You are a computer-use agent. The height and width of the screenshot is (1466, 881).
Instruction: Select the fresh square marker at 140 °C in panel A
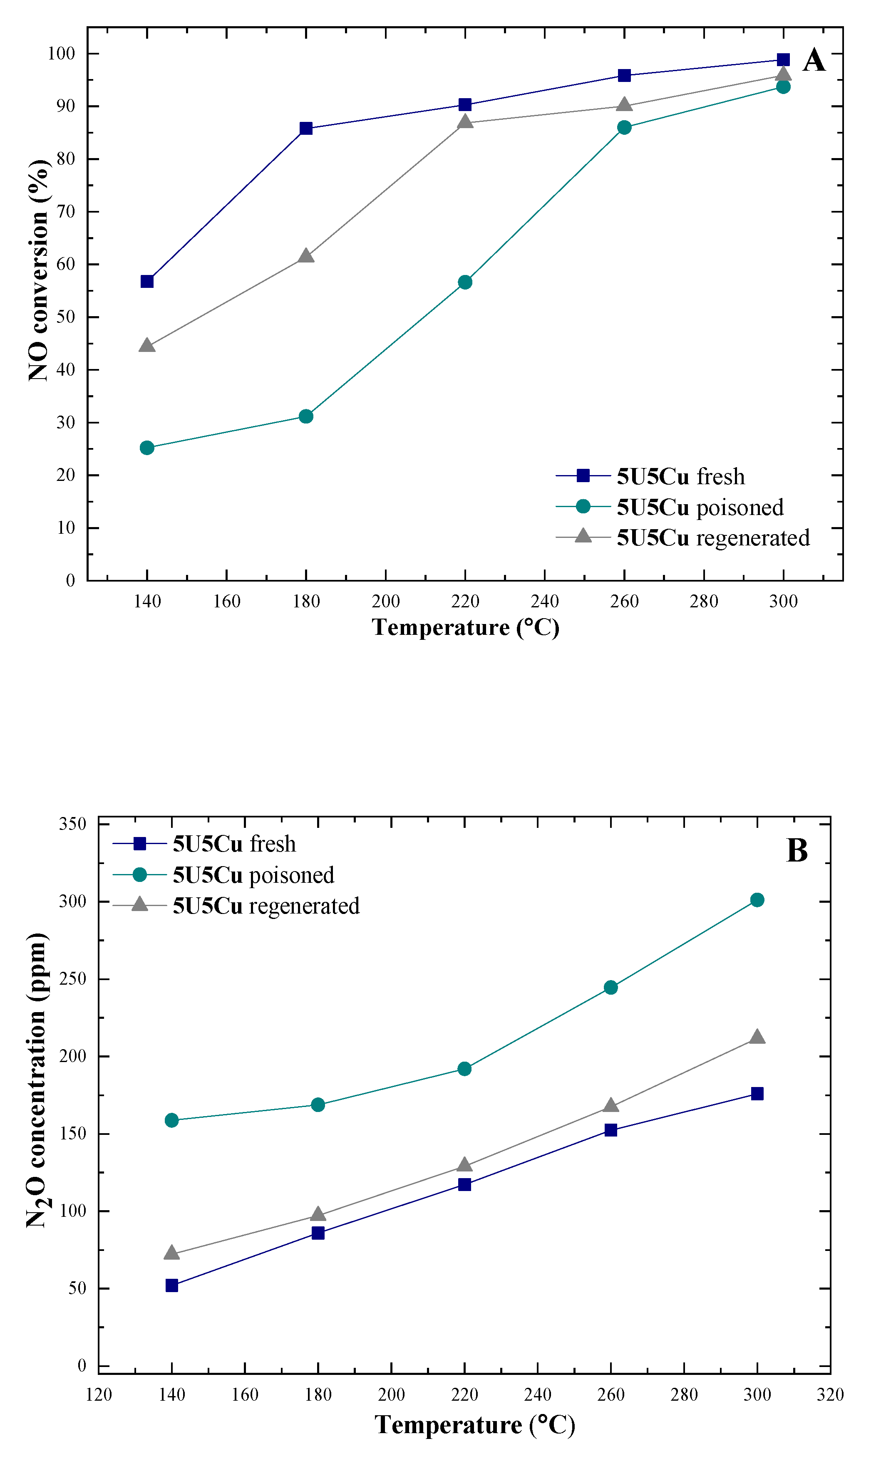coord(147,281)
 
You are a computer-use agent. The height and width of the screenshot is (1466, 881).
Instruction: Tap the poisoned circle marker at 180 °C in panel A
coord(306,416)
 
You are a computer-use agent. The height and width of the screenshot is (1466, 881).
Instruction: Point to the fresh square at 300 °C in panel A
coord(783,59)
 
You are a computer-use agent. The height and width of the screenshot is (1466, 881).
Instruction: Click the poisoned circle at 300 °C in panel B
coord(757,900)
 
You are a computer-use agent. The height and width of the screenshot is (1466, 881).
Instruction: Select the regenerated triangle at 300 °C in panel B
coord(757,1038)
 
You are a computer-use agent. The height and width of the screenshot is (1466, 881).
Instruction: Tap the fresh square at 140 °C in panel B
coord(171,1285)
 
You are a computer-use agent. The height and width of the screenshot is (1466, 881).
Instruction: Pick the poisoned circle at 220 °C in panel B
coord(464,1069)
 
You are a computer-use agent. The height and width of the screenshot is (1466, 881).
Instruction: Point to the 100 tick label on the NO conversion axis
coord(61,53)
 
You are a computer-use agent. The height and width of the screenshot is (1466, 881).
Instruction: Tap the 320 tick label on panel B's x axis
coord(829,1395)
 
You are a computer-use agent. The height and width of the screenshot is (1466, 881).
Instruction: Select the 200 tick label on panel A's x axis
coord(385,602)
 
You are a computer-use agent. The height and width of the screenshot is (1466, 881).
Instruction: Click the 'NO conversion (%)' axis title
coord(39,270)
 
